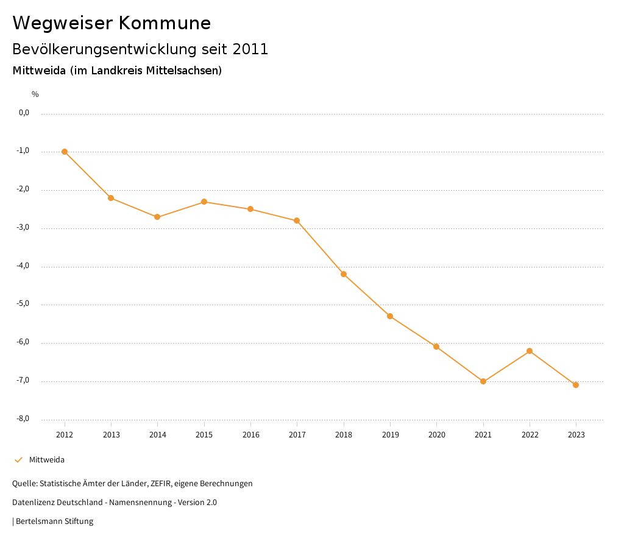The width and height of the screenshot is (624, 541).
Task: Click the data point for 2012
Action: coord(65,152)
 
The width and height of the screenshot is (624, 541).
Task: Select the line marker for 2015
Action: coord(204,202)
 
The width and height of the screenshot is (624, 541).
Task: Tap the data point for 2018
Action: coord(344,274)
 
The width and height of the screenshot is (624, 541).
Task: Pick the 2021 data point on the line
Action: coord(483,381)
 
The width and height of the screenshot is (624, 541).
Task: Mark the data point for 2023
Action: coord(576,385)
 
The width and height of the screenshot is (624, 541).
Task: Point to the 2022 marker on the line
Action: coord(530,351)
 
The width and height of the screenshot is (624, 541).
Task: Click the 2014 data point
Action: coord(157,217)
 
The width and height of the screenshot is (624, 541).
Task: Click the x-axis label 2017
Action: coord(297,434)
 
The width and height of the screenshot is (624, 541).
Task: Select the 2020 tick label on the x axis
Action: coord(437,434)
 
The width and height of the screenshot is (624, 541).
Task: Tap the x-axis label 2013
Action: coord(111,434)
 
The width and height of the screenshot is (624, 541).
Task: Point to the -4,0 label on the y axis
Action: coord(24,266)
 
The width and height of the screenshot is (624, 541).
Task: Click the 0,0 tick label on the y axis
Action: coord(24,113)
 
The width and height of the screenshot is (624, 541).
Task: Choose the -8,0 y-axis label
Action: coord(24,419)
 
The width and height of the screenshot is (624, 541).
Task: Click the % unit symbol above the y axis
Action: coord(35,94)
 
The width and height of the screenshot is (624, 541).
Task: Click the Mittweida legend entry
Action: coord(46,460)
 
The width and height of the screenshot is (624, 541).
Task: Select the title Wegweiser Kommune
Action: coord(112,23)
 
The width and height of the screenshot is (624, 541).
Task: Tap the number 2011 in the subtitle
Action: coord(250,49)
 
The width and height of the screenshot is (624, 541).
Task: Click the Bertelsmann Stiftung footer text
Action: coord(54,522)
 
